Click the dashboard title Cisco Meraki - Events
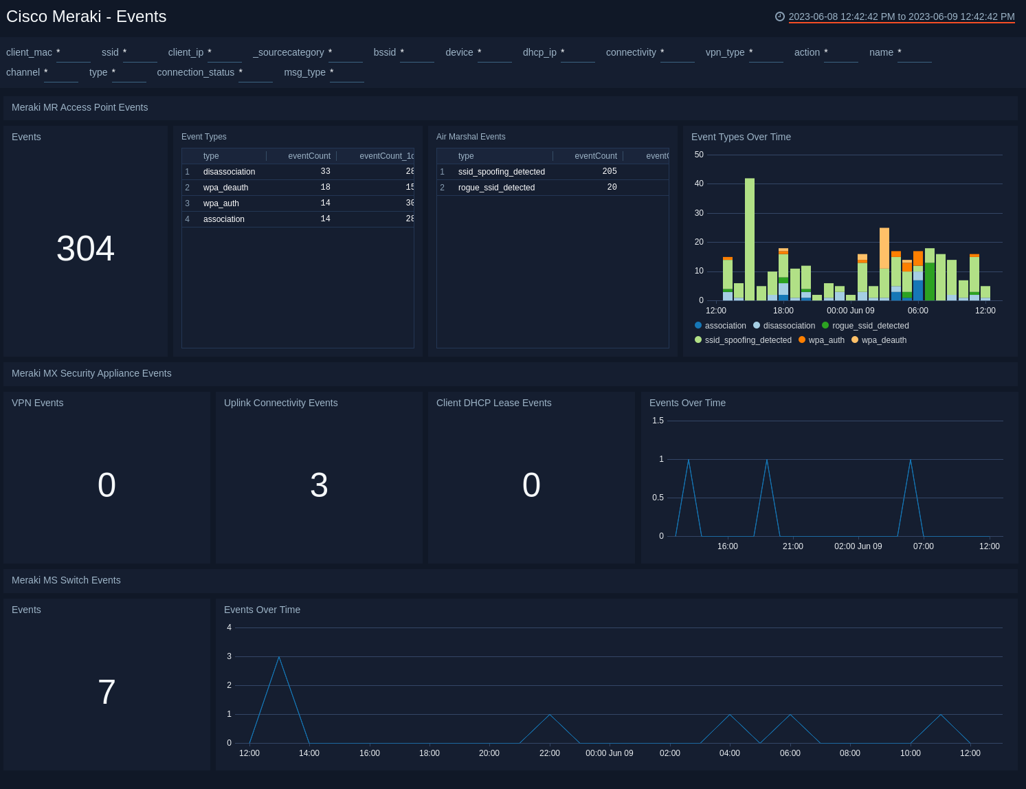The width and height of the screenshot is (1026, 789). pos(87,16)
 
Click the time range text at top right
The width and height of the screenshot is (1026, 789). pos(901,16)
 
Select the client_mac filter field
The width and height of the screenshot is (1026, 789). pos(73,53)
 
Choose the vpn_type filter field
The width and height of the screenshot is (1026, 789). pos(766,53)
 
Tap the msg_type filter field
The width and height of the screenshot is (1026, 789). pos(346,73)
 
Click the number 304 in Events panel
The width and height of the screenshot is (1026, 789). pos(85,248)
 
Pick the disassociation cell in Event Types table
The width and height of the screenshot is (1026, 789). pos(229,172)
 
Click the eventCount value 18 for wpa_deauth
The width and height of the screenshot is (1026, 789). pos(325,188)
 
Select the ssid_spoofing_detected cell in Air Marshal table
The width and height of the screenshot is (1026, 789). pos(501,172)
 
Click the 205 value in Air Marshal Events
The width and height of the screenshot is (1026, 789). pos(609,172)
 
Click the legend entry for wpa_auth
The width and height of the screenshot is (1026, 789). pos(825,340)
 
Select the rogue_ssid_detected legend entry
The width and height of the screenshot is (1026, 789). pos(869,326)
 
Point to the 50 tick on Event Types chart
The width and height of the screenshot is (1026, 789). pos(699,155)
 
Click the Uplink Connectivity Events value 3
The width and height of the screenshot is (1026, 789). pos(319,485)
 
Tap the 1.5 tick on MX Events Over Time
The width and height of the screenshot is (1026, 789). pos(658,421)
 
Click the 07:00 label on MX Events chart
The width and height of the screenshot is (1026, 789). pos(923,546)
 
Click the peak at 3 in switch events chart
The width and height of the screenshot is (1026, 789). pos(279,657)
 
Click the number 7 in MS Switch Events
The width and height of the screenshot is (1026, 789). pos(107,692)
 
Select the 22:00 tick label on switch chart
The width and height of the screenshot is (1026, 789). pos(549,753)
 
